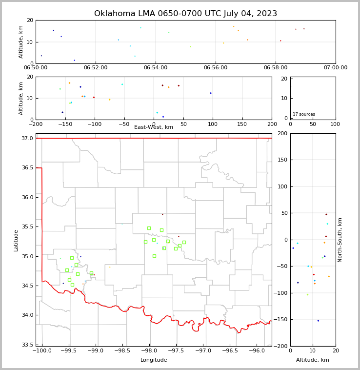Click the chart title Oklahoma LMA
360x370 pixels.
coord(185,14)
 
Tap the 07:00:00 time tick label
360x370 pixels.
coord(336,68)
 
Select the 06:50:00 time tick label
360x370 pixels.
coord(36,68)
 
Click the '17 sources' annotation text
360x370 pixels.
coord(304,114)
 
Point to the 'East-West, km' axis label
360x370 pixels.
coord(154,127)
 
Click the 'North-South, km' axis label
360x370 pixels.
coord(340,240)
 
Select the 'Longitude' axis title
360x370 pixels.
coord(154,360)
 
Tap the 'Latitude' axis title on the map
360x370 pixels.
coord(16,240)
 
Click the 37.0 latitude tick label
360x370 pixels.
coord(28,139)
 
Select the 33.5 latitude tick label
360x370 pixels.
coord(28,345)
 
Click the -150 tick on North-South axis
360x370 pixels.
coord(281,320)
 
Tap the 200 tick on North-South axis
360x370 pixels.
coord(282,133)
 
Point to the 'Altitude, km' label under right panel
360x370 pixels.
coord(313,360)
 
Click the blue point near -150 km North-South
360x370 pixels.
coord(318,321)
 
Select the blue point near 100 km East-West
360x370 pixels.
coord(211,93)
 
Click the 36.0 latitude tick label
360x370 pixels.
coord(28,197)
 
